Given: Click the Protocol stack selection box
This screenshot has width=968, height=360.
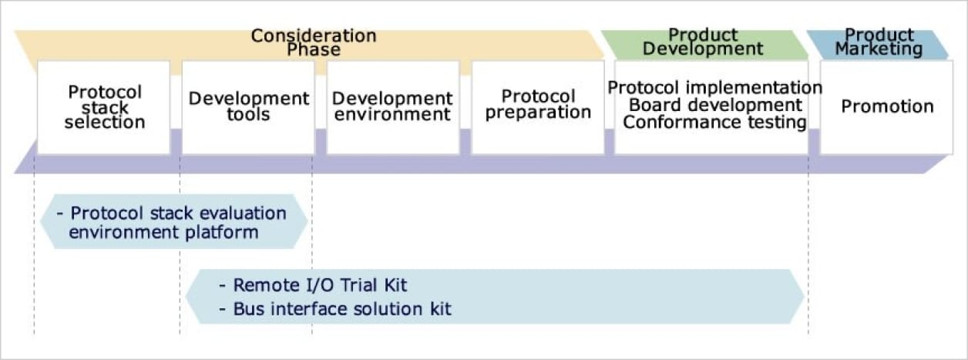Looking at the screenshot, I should click(x=103, y=108).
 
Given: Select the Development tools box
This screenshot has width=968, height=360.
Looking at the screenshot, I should click(x=248, y=108).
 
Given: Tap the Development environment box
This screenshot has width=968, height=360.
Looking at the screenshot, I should click(x=392, y=108).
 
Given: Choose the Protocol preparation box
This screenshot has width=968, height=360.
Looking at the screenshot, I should click(x=538, y=108).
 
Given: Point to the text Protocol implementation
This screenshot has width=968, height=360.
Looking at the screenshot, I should click(x=714, y=88).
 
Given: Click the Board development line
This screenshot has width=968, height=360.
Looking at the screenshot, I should click(x=715, y=105).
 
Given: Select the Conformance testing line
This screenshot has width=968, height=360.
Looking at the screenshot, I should click(x=714, y=123).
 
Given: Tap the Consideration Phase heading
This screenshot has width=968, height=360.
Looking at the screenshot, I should click(x=314, y=43).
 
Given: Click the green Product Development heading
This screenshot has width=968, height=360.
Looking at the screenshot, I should click(x=703, y=42).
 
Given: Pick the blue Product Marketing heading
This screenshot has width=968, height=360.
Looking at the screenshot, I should click(x=879, y=42).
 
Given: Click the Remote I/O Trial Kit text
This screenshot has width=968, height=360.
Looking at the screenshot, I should click(x=320, y=285).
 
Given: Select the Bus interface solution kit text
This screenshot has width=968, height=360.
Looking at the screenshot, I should click(x=342, y=309).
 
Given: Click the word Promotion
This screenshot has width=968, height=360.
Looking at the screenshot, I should click(x=886, y=106).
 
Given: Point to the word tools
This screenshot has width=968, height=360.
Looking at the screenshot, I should click(x=248, y=115).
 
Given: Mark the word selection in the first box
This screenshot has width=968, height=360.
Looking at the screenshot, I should click(x=104, y=122).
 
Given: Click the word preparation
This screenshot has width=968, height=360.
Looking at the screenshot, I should click(x=538, y=113).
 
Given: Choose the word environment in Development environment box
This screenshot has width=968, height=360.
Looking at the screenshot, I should click(x=392, y=115).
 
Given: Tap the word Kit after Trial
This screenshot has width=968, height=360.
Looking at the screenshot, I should click(x=393, y=285).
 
